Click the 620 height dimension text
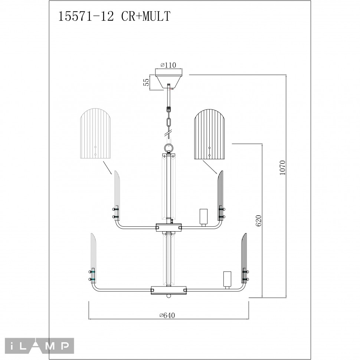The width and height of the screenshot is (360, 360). point(259,220)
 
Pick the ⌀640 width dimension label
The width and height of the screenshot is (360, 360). point(167,315)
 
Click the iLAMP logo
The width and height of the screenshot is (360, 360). point(37,346)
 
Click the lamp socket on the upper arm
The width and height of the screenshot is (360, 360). point(203,217)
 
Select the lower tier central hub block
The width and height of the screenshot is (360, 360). point(169,290)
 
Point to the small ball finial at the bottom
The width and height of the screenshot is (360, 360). point(169,296)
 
